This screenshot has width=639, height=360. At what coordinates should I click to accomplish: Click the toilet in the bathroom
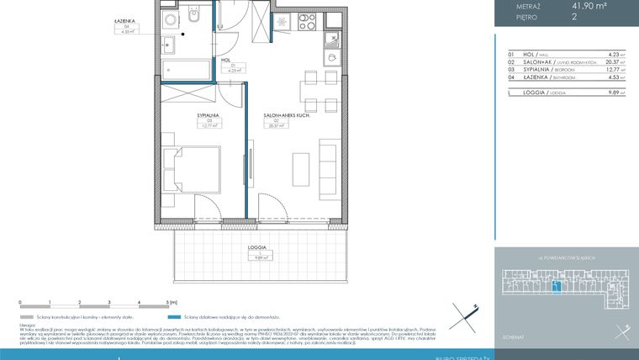(193, 19)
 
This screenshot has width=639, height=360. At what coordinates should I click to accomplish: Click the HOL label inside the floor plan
(226, 61)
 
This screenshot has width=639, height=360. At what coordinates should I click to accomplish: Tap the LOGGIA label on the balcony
(257, 248)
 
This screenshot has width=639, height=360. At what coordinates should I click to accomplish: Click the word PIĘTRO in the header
(527, 17)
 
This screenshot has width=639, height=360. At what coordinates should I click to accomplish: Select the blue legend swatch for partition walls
(172, 319)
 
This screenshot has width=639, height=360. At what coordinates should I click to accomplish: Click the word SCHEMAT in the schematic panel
(512, 336)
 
